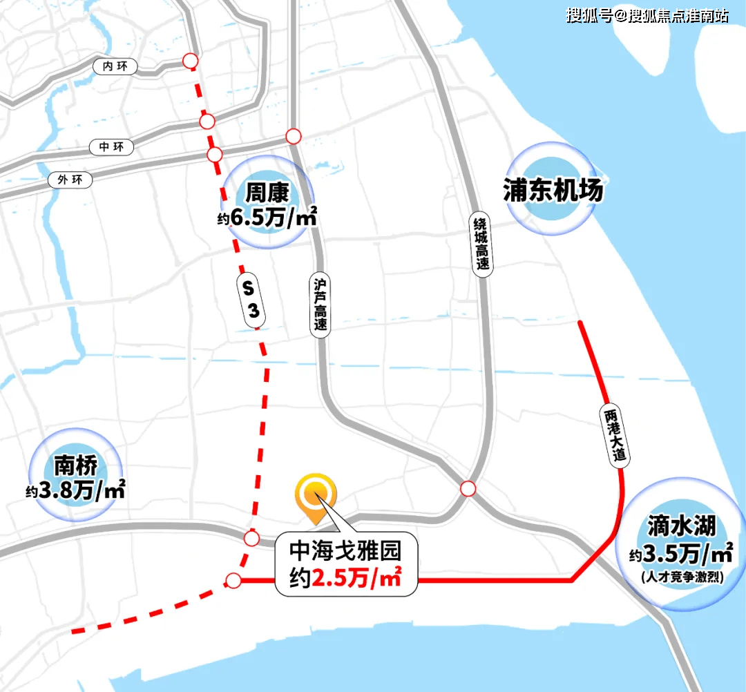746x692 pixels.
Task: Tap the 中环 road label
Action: [111, 147]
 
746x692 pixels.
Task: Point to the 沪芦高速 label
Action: [320, 304]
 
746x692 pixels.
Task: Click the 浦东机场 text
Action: [553, 190]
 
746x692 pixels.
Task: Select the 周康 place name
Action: [265, 192]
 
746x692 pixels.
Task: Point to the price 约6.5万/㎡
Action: [267, 219]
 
